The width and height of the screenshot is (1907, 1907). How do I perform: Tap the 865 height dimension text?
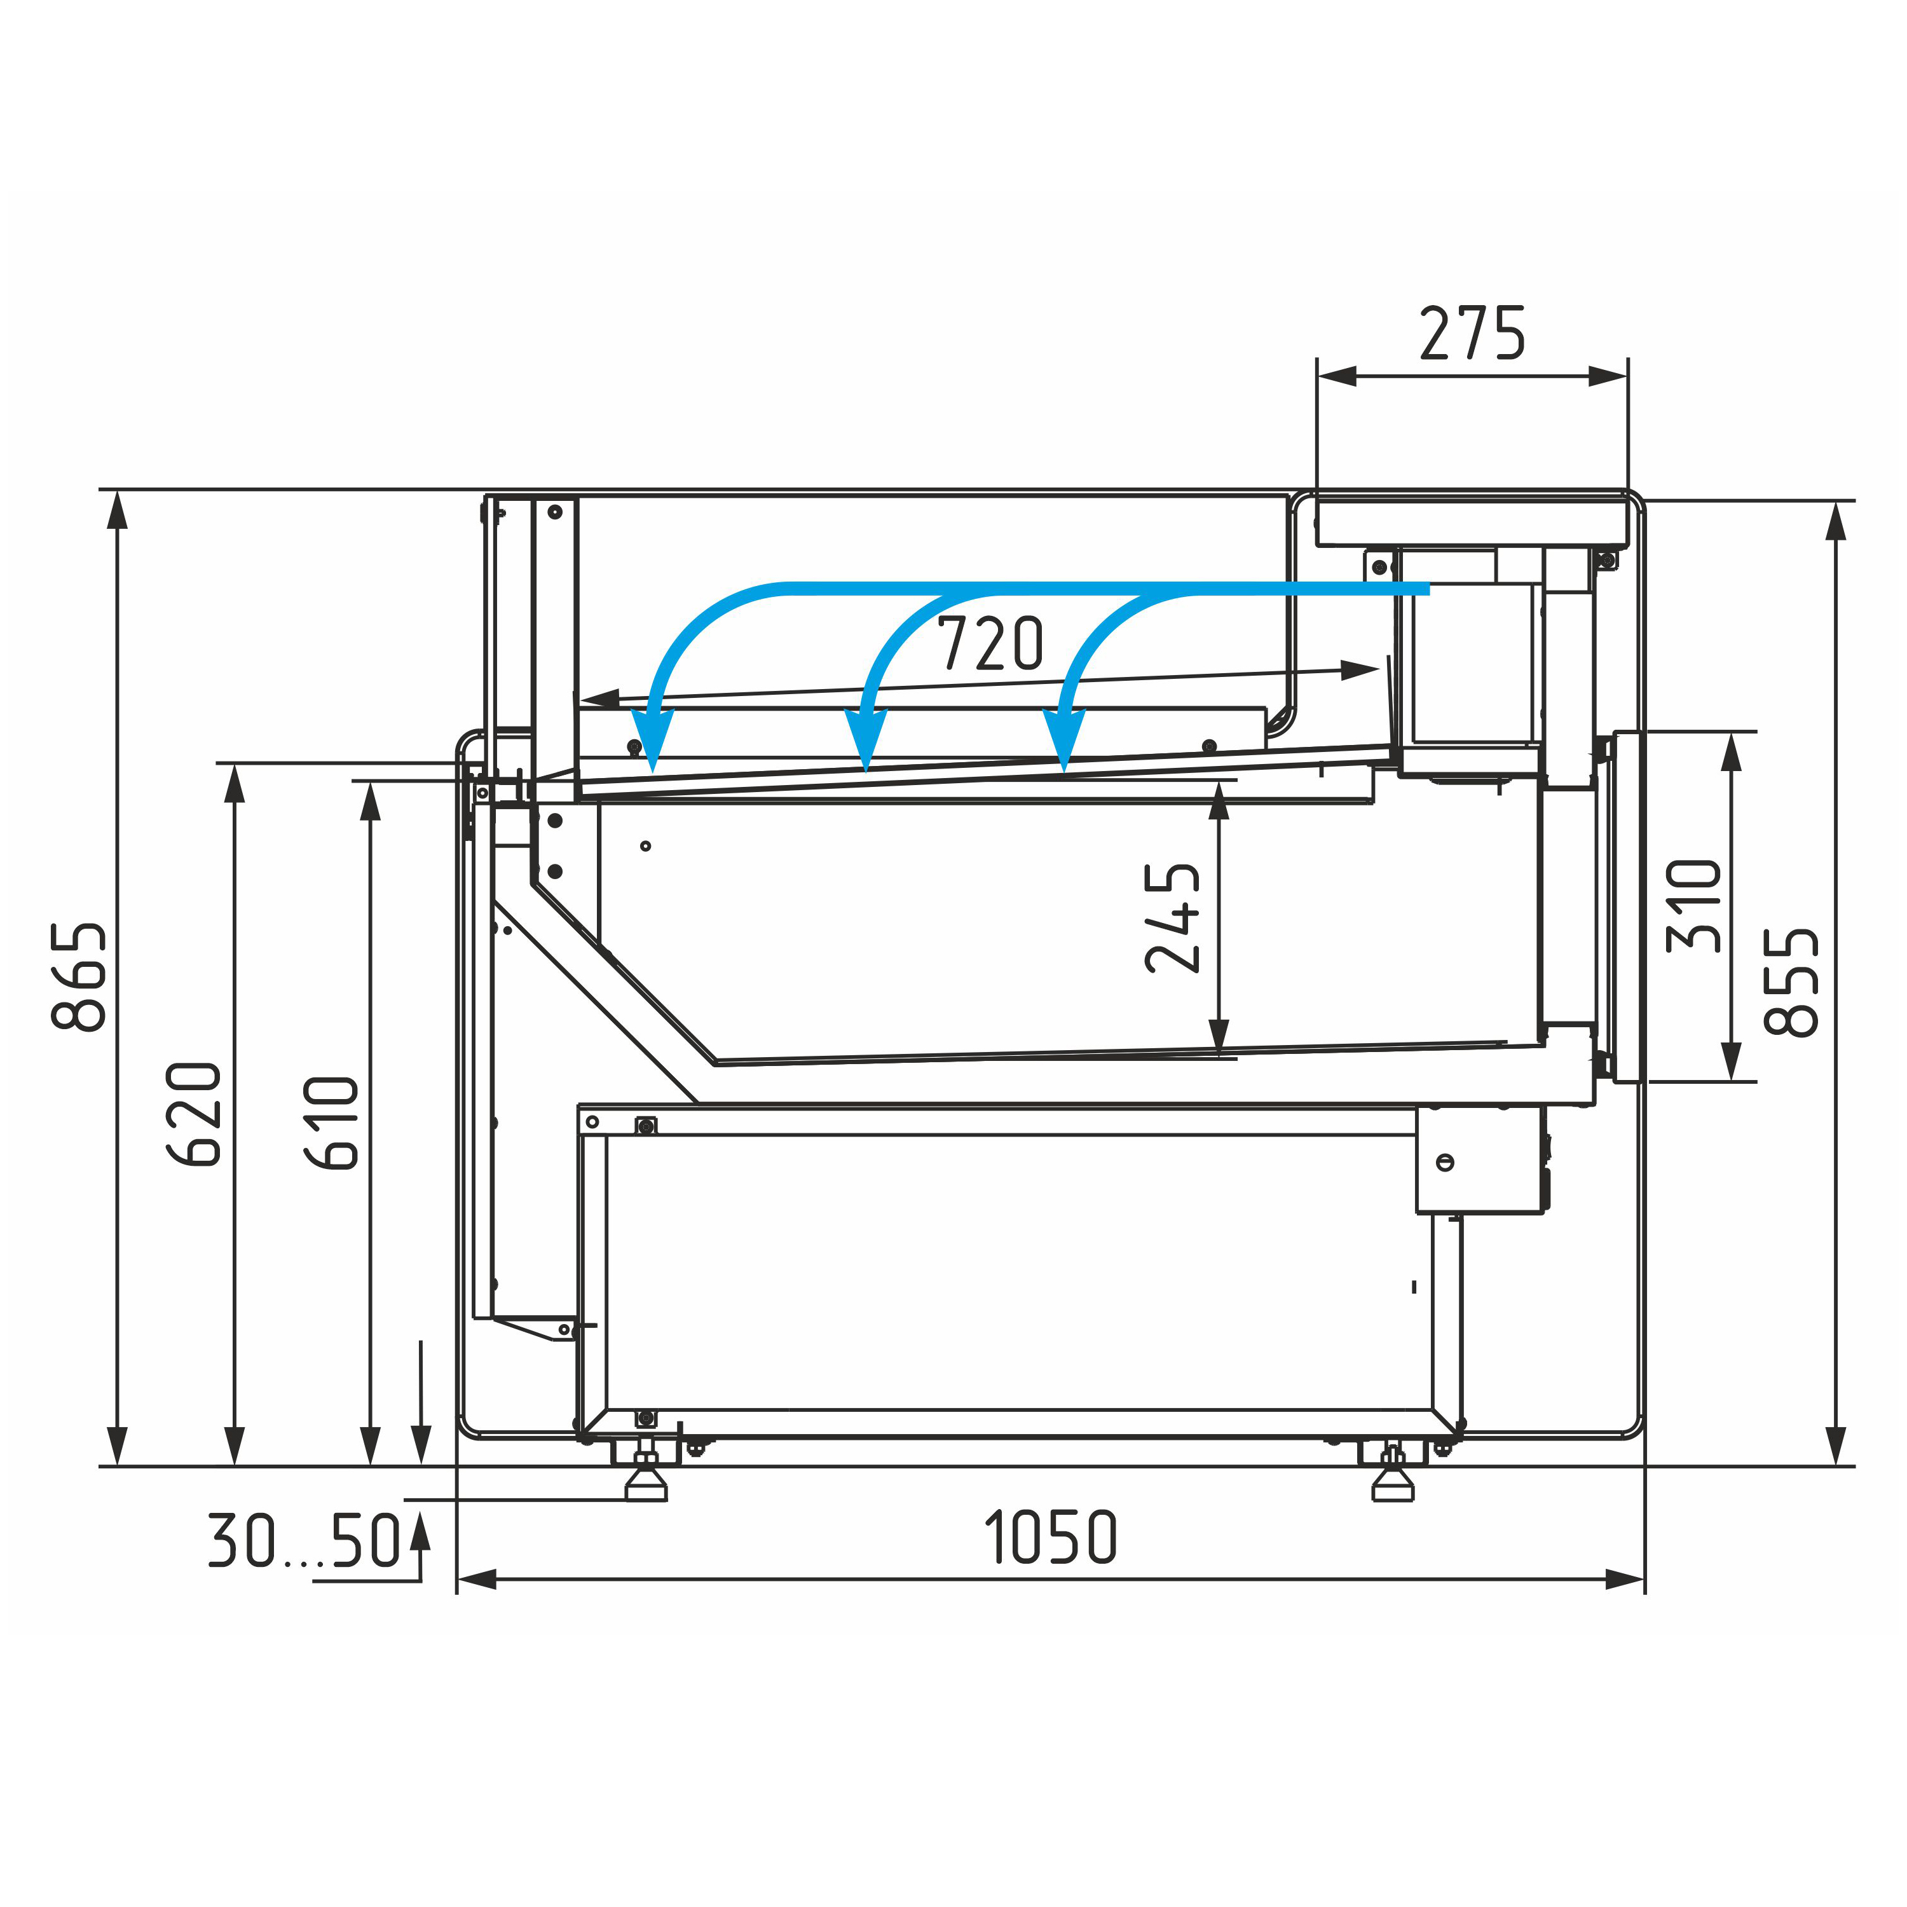79,976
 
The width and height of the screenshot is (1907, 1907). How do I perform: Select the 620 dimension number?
193,1114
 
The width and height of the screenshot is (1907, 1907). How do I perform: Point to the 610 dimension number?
331,1123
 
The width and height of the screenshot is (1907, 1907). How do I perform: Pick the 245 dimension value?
1173,918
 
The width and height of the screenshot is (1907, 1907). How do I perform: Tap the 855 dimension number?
1791,982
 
